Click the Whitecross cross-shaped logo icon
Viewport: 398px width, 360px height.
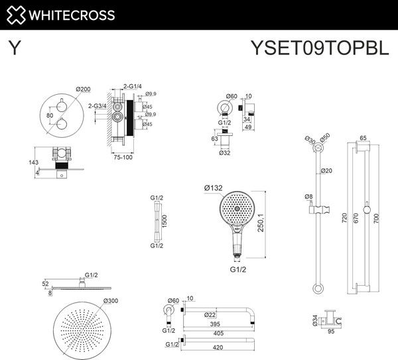[16, 15]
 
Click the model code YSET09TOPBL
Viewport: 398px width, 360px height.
[320, 48]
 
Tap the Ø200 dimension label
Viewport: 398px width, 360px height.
[83, 90]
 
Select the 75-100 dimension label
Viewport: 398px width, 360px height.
[123, 157]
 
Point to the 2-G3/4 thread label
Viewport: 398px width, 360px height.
[98, 106]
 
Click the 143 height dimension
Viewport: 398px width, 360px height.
[34, 162]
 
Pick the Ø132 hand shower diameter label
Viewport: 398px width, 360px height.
[213, 188]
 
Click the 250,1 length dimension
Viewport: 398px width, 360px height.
[261, 223]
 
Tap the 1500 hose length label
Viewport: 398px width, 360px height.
[165, 221]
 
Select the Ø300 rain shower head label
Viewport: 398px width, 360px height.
[111, 300]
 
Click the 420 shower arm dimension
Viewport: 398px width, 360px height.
[218, 347]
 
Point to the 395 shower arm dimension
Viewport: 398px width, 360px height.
[215, 324]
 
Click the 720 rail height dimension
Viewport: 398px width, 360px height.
[344, 218]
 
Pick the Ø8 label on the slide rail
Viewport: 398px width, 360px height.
[308, 196]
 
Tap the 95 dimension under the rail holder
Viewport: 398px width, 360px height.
[331, 331]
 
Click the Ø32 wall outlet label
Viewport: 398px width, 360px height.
[224, 152]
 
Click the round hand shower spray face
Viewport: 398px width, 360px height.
[237, 209]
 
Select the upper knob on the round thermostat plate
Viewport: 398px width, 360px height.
[62, 106]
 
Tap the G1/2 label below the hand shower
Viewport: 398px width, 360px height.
[238, 269]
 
